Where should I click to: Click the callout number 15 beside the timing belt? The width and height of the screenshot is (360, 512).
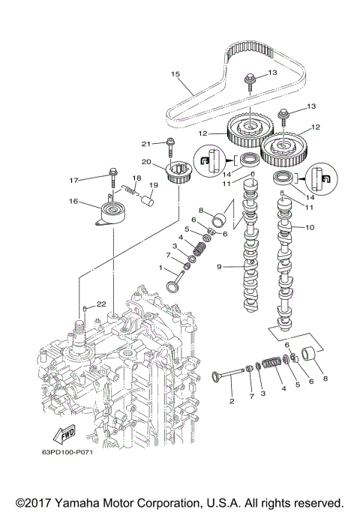tap(175, 73)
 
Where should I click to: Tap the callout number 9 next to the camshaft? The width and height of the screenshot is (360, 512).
tap(220, 265)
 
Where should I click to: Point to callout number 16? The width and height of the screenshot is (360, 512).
tap(73, 202)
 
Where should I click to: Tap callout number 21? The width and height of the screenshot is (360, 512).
tap(148, 142)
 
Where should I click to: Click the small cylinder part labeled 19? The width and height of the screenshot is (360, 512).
tap(148, 199)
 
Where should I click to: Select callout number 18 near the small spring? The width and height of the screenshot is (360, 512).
tap(136, 178)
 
